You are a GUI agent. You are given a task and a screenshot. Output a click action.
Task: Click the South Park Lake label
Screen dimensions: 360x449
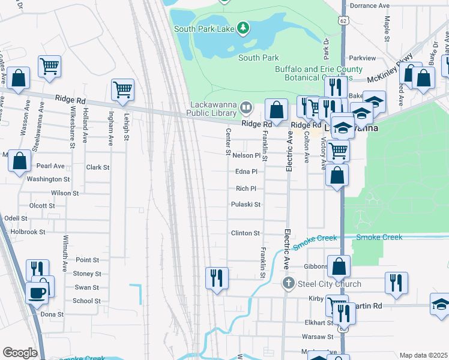(203, 28)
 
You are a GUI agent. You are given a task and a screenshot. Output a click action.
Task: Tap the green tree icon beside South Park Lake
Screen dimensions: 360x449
(243, 27)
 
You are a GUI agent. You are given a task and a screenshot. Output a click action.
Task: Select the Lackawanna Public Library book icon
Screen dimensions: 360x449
(246, 109)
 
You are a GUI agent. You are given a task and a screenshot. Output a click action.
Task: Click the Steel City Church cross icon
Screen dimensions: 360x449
(289, 283)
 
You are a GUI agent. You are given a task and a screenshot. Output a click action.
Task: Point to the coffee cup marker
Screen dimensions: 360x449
(37, 293)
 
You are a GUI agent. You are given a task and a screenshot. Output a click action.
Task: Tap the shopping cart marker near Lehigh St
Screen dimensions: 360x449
(122, 90)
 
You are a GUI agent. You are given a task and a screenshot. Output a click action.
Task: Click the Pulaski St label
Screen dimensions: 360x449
(246, 204)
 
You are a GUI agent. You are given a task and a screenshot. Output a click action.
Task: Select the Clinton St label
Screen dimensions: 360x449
(246, 233)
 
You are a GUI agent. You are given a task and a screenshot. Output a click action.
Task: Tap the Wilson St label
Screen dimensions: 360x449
(65, 193)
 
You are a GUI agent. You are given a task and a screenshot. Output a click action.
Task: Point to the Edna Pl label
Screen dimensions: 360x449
(246, 172)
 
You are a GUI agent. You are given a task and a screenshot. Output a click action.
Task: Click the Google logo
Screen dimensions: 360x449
(20, 353)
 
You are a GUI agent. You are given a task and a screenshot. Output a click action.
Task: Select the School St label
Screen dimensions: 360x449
(86, 301)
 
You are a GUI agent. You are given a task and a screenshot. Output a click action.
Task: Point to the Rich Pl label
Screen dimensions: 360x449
(246, 188)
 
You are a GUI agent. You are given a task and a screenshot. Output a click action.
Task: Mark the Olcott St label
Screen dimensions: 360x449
(42, 205)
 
